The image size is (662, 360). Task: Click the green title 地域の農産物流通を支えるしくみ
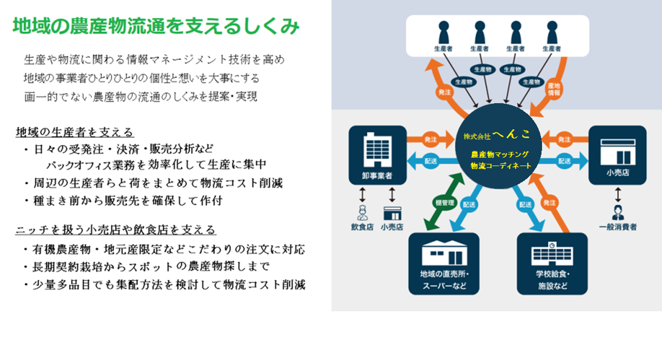click(x=155, y=26)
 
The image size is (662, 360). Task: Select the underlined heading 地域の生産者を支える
click(x=74, y=132)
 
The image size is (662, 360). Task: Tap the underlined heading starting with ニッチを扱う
click(x=116, y=230)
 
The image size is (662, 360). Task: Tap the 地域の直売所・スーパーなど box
click(x=443, y=263)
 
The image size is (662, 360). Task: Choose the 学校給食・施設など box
click(x=552, y=263)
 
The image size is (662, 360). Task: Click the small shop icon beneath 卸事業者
click(x=392, y=213)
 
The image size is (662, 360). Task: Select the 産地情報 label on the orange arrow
click(x=554, y=89)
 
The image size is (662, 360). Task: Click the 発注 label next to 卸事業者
click(x=430, y=138)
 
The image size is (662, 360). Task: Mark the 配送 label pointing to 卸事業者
click(x=431, y=160)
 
